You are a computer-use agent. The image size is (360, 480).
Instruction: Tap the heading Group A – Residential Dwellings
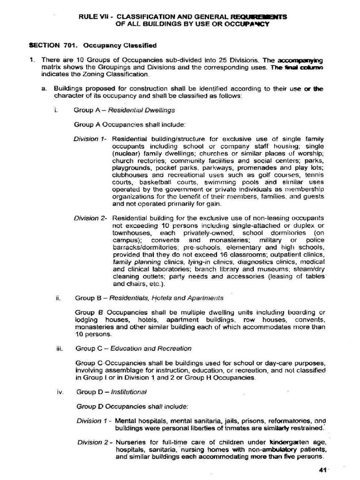[124, 110]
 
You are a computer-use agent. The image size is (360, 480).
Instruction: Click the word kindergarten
[293, 442]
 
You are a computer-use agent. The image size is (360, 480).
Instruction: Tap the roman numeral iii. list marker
[59, 348]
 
